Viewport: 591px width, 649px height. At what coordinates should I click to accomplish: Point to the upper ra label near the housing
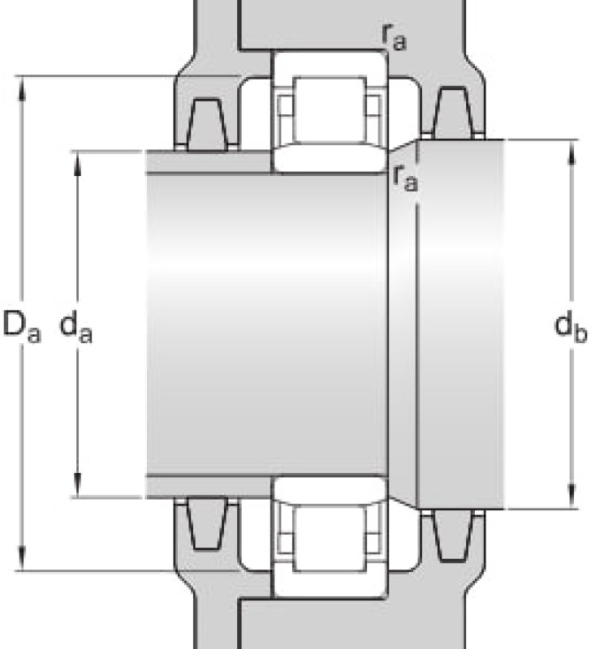click(x=394, y=38)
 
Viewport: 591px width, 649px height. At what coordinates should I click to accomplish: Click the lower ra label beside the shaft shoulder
click(x=405, y=178)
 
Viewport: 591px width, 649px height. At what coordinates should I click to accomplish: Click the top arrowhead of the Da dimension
click(x=22, y=88)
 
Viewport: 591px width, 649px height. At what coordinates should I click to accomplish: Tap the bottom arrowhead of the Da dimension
click(x=22, y=558)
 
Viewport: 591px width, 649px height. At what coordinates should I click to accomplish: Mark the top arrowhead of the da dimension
click(x=77, y=165)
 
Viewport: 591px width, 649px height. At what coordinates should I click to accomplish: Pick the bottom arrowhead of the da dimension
click(x=77, y=484)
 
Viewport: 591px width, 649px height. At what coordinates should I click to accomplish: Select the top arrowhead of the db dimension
click(x=572, y=153)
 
